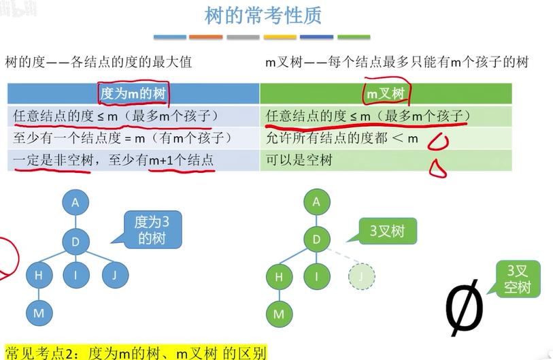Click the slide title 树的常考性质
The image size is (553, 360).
263,15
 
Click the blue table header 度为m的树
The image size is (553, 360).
133,93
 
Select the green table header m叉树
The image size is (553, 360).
386,93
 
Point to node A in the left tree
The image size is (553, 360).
76,202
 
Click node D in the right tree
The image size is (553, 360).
316,240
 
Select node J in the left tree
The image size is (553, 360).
115,276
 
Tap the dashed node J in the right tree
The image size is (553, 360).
361,276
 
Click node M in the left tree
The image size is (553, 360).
38,314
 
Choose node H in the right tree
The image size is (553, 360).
278,276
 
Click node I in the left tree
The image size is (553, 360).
76,276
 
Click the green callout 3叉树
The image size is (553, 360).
386,231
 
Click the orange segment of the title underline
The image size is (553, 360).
206,37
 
